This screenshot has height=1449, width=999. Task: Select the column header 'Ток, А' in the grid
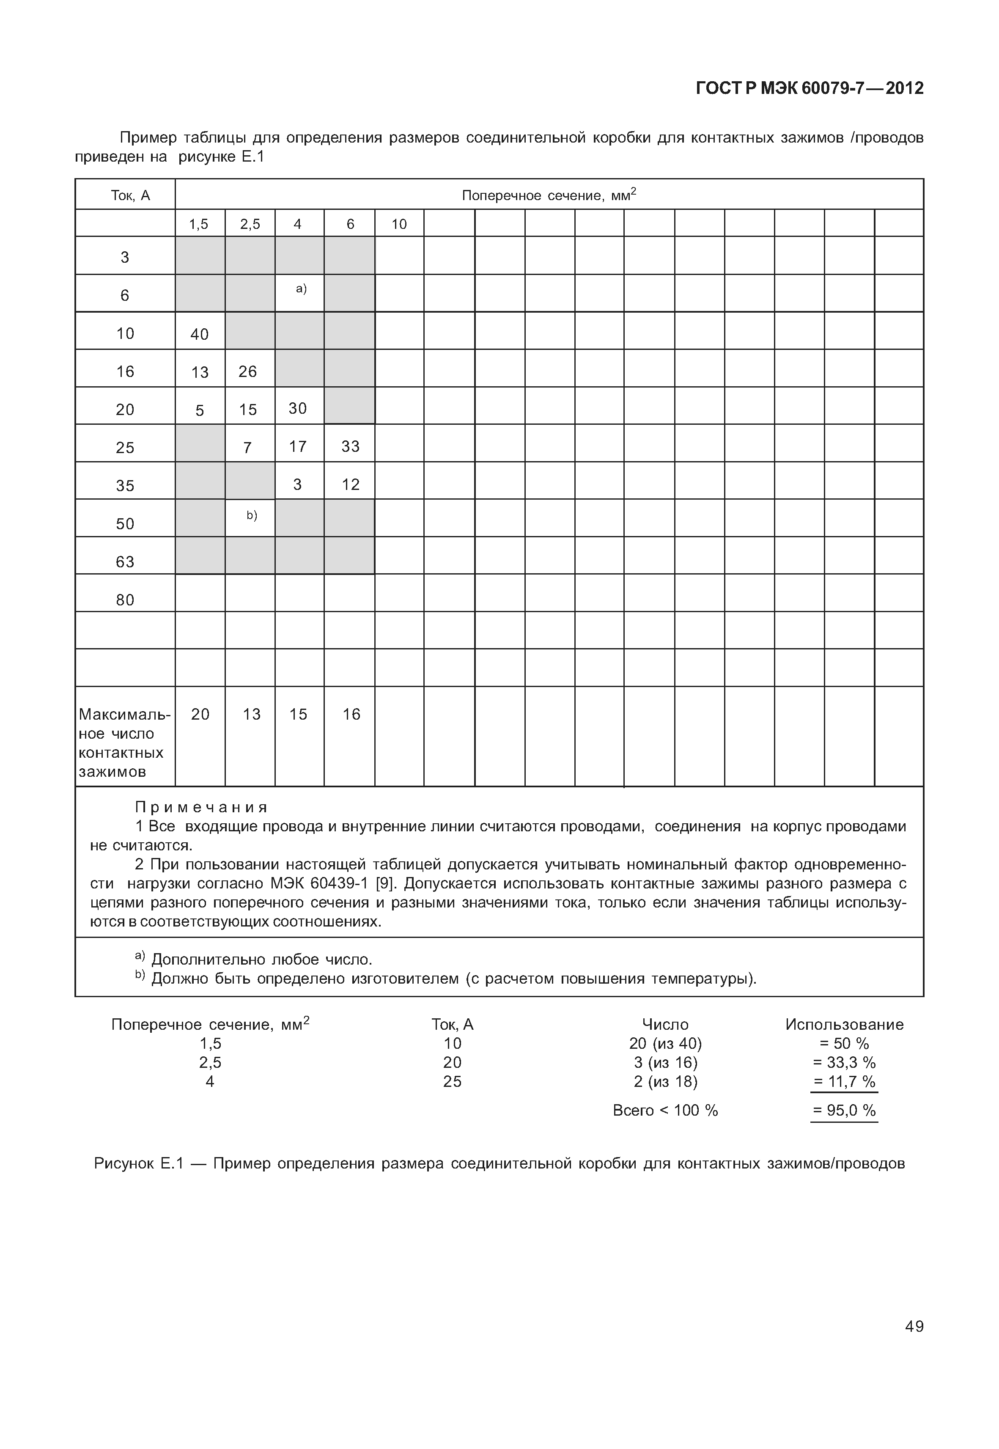tap(130, 195)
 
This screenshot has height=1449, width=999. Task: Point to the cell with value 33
tap(351, 446)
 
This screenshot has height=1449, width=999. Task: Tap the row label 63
tap(125, 562)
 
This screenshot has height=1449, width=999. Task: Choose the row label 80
tap(125, 600)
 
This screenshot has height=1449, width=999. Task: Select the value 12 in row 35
tap(351, 485)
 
